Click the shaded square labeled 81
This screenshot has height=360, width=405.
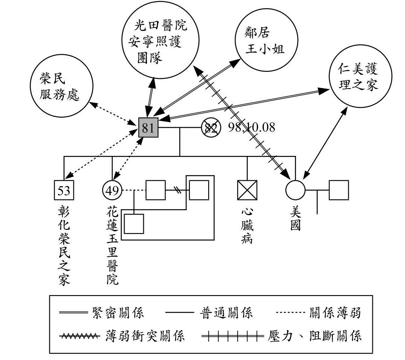pos(148,128)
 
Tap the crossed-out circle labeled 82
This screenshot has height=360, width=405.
pos(211,128)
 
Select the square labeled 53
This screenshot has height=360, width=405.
pos(64,190)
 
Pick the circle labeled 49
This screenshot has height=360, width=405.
pos(112,190)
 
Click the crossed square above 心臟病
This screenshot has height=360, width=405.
pos(247,190)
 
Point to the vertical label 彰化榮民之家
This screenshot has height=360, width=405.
pos(64,245)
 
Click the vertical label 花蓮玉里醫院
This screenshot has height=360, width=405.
pos(112,245)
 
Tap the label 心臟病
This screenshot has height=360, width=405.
pos(247,227)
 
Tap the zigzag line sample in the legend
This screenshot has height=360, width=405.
pos(79,337)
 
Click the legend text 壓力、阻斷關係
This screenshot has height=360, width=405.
pos(315,337)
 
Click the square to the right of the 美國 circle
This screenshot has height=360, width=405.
pos(339,190)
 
